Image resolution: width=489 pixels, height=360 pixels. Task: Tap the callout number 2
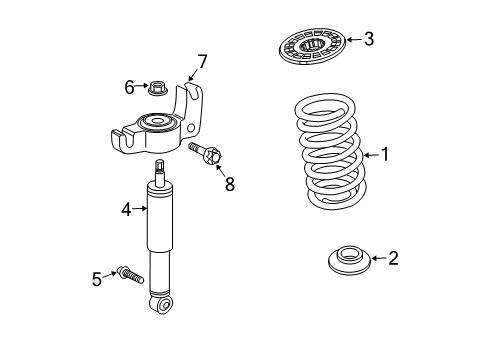pyautogui.click(x=392, y=259)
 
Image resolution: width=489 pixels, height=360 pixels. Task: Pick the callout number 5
pyautogui.click(x=97, y=279)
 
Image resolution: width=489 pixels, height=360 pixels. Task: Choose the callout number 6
pyautogui.click(x=129, y=88)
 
